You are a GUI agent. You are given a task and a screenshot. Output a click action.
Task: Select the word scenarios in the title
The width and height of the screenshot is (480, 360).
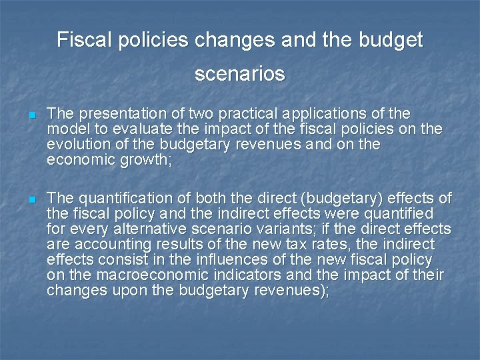coord(240,73)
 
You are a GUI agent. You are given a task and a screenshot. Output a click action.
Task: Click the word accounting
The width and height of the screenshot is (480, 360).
coord(109,244)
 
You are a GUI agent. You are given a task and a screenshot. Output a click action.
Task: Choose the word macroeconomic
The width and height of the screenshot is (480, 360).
coord(135,275)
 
